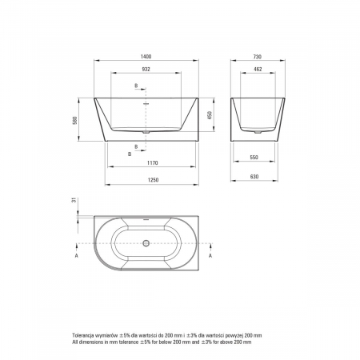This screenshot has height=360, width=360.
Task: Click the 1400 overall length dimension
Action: point(146,57)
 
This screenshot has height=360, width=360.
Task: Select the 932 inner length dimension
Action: point(146,69)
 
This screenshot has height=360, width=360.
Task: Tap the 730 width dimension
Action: point(258,57)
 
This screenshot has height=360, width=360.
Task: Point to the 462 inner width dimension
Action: point(258,69)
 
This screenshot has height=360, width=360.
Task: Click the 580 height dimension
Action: point(75,120)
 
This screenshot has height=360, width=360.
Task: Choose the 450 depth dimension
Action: point(210,115)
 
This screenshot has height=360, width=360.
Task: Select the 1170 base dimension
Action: point(153,162)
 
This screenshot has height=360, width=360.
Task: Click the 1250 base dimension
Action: point(153,180)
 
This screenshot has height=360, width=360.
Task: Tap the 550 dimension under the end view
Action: point(254,158)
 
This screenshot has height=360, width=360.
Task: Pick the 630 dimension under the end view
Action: point(254,177)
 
